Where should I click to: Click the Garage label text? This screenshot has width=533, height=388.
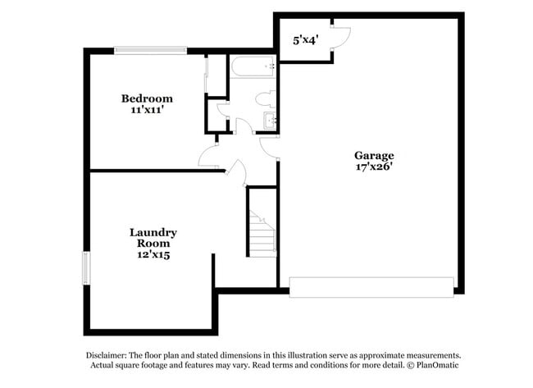click(374, 155)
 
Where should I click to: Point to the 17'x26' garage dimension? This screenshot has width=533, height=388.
click(374, 167)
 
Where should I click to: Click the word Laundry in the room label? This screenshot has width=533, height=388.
click(153, 232)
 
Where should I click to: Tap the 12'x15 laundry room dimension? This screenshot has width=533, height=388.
click(153, 255)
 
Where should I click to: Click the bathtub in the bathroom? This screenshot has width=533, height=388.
click(253, 66)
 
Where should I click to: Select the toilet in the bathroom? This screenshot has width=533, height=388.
click(265, 99)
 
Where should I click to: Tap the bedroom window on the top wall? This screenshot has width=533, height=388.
click(150, 50)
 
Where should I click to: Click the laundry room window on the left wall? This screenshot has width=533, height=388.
click(85, 268)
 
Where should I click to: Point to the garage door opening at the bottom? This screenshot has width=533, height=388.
click(371, 287)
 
